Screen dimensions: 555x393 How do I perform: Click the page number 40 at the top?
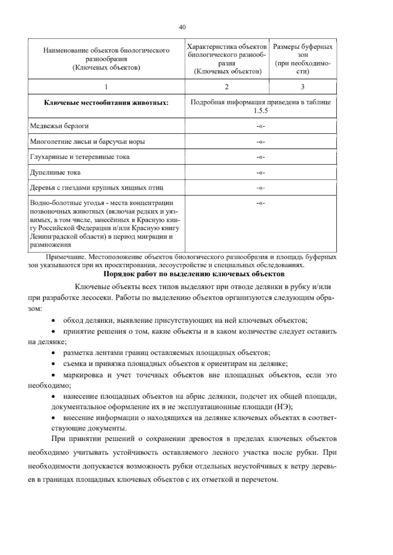click(x=182, y=27)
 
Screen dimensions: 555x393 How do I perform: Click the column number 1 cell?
click(x=106, y=87)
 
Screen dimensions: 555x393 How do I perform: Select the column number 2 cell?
click(x=227, y=87)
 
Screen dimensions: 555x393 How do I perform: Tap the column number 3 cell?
click(x=303, y=87)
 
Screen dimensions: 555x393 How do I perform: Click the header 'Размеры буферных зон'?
click(x=303, y=59)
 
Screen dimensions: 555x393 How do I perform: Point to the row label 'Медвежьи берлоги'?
click(x=59, y=126)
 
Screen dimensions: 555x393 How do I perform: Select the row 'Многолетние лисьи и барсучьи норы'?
click(x=87, y=142)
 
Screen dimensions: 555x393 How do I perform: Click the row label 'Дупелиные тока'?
click(x=55, y=172)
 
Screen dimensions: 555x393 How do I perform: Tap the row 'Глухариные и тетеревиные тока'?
click(x=80, y=157)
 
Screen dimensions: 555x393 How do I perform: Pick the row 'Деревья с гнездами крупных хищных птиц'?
click(x=96, y=188)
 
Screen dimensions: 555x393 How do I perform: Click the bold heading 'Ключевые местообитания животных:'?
click(x=106, y=103)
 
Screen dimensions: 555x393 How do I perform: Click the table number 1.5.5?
click(x=261, y=111)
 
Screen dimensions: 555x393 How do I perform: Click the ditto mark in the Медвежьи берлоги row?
click(x=261, y=127)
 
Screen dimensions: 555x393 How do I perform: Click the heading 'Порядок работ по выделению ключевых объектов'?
click(x=194, y=274)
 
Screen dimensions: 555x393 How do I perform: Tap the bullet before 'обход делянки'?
click(x=54, y=320)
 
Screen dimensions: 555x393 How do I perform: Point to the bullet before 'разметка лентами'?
click(x=54, y=353)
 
